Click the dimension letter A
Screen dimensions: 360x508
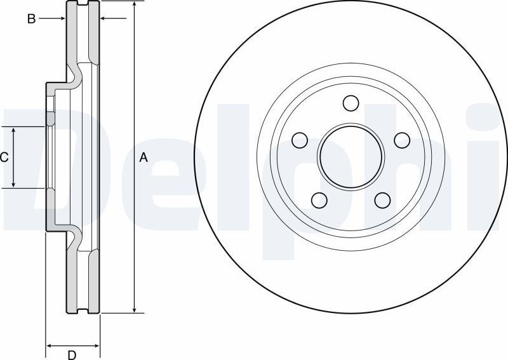pos(144,157)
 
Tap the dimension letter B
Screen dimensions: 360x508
pos(30,19)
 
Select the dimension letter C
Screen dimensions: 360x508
pos(4,157)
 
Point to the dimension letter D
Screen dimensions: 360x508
pos(72,354)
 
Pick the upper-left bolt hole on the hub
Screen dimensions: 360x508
pos(300,140)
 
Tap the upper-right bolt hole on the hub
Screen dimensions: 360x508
pos(401,140)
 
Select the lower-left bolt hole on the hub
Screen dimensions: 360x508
pos(319,200)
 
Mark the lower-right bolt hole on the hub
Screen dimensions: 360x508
pos(382,200)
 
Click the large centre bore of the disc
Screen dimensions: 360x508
pos(351,156)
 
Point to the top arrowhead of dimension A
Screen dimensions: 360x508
pos(135,5)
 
